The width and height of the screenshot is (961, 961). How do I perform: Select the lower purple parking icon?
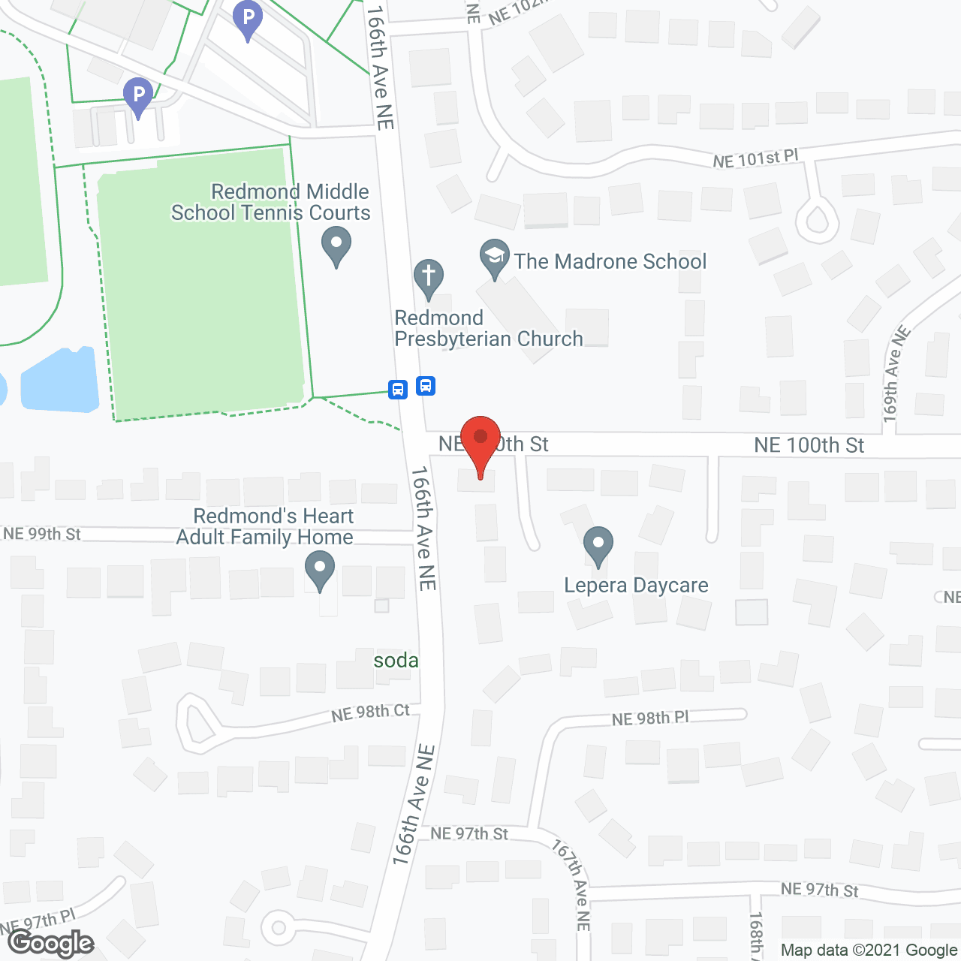(138, 96)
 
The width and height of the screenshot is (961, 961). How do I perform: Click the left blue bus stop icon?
(398, 389)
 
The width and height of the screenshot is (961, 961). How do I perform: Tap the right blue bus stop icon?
(426, 386)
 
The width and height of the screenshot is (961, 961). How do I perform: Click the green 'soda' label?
(396, 661)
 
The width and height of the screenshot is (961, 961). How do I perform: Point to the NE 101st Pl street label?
(755, 158)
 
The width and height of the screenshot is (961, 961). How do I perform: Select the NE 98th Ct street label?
(371, 712)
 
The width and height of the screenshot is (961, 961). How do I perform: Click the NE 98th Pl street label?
(650, 718)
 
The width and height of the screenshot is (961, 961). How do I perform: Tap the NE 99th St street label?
(42, 534)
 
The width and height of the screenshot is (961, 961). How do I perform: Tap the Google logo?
(51, 943)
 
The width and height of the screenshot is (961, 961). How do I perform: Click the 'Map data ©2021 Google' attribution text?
(869, 950)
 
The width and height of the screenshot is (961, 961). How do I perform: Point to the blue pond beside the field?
(60, 381)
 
